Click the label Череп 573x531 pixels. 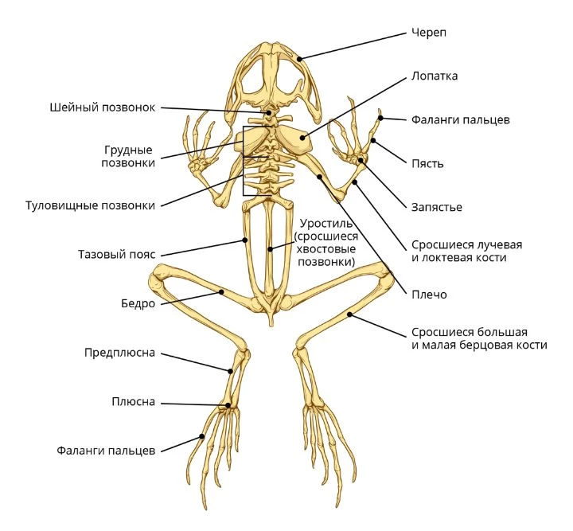429,33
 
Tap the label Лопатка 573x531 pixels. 435,76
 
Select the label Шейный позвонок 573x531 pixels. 103,107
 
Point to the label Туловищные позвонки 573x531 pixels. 90,205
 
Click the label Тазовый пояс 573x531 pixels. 116,254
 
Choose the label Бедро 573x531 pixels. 138,303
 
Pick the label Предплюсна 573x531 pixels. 120,353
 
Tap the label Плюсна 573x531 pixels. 134,401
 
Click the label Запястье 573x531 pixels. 437,207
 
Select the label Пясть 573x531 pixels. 427,163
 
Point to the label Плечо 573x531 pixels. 429,295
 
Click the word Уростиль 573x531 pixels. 326,223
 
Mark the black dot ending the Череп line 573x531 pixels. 299,58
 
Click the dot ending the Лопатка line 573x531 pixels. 302,138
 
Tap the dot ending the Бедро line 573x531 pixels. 221,291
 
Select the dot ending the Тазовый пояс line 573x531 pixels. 245,240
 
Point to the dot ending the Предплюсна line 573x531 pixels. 230,371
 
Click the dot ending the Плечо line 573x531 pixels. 319,177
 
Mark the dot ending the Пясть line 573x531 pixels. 373,140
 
